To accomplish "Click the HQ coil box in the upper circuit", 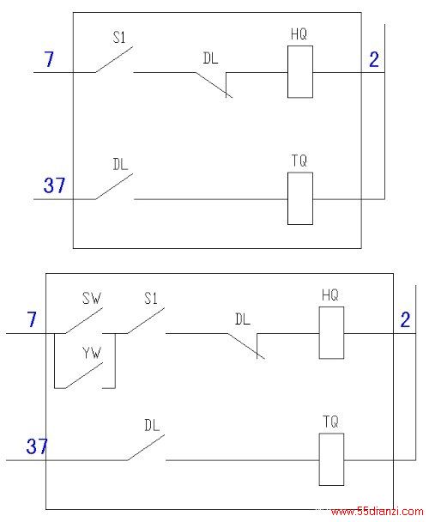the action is pos(299,71).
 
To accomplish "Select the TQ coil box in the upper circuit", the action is pos(299,198).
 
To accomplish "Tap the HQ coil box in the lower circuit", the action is pos(331,332).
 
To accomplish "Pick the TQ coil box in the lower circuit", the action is pos(331,459).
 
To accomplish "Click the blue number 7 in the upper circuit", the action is pos(49,59).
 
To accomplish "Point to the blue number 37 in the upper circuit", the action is pos(54,185).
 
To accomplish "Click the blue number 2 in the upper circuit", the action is pos(374,60).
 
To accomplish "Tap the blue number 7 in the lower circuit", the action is pos(31,319).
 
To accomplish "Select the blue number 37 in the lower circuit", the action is pos(37,446).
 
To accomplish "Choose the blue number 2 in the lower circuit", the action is pos(405,320).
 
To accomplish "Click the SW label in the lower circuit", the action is pos(92,298).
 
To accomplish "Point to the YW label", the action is pos(92,353).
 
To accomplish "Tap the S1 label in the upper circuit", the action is pos(119,37).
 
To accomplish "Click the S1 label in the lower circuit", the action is pos(151,298).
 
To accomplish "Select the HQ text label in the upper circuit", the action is pos(299,34).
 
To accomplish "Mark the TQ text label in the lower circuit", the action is pos(330,422).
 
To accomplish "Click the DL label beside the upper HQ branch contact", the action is pos(210,58).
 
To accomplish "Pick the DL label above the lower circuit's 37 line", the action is pos(152,425).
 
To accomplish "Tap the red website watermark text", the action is pos(378,512).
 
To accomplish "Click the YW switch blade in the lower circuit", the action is pos(84,375).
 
